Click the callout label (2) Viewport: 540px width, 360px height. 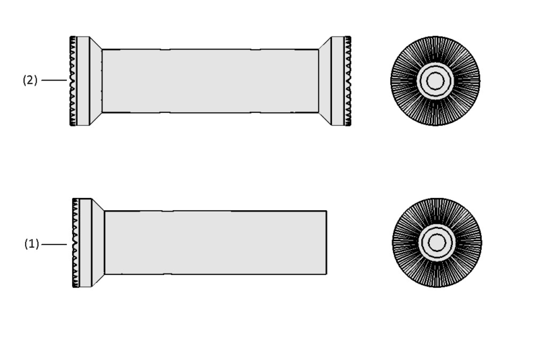click(x=30, y=80)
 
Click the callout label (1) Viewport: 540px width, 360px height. click(x=32, y=245)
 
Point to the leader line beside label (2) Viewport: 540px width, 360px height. click(x=54, y=80)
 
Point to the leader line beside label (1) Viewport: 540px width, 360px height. click(x=54, y=245)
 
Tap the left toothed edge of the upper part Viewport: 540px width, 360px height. click(x=73, y=81)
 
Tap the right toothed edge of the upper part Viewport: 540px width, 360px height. click(x=348, y=81)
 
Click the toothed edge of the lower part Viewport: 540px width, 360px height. click(x=76, y=242)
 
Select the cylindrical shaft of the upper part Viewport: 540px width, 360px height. click(x=211, y=81)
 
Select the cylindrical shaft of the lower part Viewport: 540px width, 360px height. click(x=215, y=242)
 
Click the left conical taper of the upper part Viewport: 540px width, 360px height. click(x=96, y=81)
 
